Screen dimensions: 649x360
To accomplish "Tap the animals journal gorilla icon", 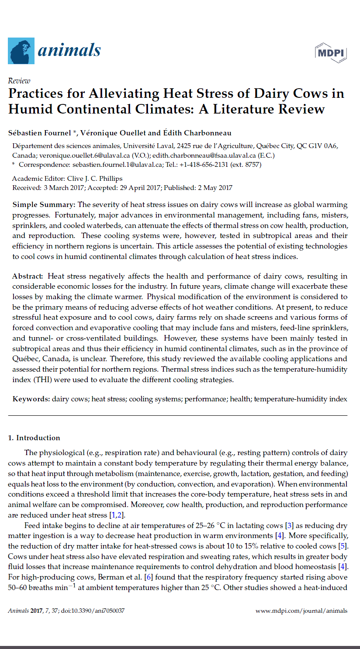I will pos(21,51).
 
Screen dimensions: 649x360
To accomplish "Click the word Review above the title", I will pos(19,81).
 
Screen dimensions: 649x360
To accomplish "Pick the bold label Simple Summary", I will pos(44,205).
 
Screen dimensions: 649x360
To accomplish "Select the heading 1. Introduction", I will pos(34,438).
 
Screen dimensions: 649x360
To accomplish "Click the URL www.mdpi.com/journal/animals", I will pos(301,611).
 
